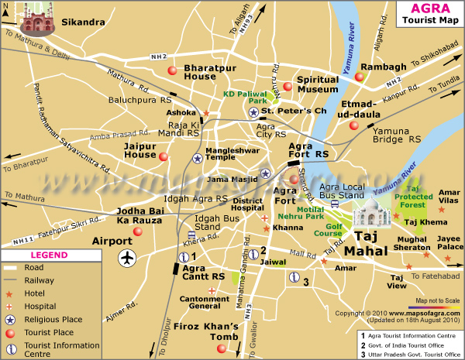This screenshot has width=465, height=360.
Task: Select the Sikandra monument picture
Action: pos(35,19)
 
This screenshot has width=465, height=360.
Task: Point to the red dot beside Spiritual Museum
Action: pos(287,86)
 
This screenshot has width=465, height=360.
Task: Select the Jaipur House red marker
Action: pos(163,156)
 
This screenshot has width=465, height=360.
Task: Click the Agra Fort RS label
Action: pos(308,150)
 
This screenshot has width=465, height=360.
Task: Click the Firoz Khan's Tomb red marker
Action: pos(222,348)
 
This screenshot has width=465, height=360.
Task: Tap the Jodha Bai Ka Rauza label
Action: pos(140,216)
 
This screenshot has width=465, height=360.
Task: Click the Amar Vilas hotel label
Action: pos(449,197)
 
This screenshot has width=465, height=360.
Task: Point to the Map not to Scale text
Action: pos(439,300)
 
